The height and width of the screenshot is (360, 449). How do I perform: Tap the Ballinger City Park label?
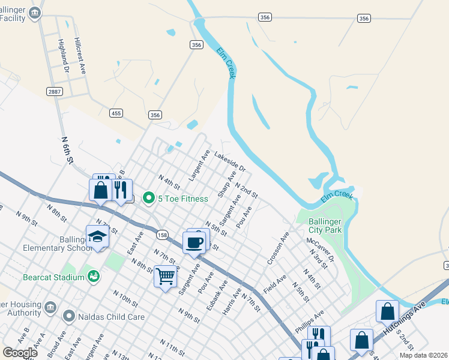point(325,226)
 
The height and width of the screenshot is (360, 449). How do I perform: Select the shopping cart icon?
point(165,276)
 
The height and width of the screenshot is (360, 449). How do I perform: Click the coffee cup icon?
point(193,242)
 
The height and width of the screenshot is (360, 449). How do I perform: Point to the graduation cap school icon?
point(97,238)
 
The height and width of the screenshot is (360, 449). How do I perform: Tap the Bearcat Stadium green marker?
point(93,277)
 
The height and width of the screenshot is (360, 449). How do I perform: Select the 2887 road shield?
point(55,91)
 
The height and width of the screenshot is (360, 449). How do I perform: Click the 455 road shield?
point(116,112)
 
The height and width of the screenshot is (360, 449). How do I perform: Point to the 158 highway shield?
point(161,235)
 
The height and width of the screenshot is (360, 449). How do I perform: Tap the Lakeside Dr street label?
point(230,160)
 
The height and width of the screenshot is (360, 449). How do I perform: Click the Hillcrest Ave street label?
point(80,56)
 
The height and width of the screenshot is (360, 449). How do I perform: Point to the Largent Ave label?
point(199,166)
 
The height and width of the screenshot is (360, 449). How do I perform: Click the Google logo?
point(20,353)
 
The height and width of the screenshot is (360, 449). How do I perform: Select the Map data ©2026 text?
point(423,355)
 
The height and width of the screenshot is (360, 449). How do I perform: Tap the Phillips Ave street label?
point(309,320)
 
